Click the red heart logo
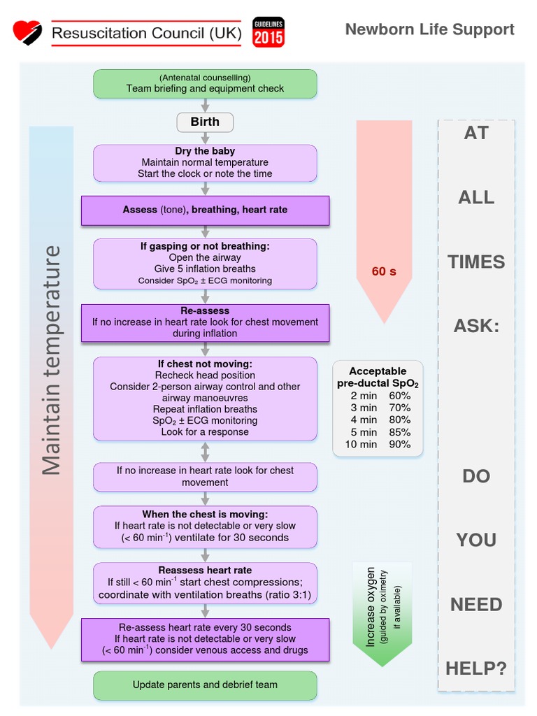pos(27,32)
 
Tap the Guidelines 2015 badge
pos(268,32)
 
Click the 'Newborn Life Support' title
pos(429,29)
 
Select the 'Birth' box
pos(205,122)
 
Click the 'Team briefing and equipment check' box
pos(205,83)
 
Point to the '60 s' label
pos(383,271)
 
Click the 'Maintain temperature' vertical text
pos(51,360)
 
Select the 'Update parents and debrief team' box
pos(205,685)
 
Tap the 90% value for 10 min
pos(400,444)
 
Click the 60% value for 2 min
pos(400,396)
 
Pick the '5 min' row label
pos(364,432)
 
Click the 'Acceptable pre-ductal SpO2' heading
pos(378,378)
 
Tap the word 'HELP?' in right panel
pos(476,668)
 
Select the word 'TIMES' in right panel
pos(476,262)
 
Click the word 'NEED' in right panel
pos(476,605)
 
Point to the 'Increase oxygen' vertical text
pos(371,606)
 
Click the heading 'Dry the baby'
pos(205,151)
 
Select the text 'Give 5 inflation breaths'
pos(205,268)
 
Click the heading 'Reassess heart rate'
pos(205,570)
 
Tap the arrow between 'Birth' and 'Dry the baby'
pos(205,138)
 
